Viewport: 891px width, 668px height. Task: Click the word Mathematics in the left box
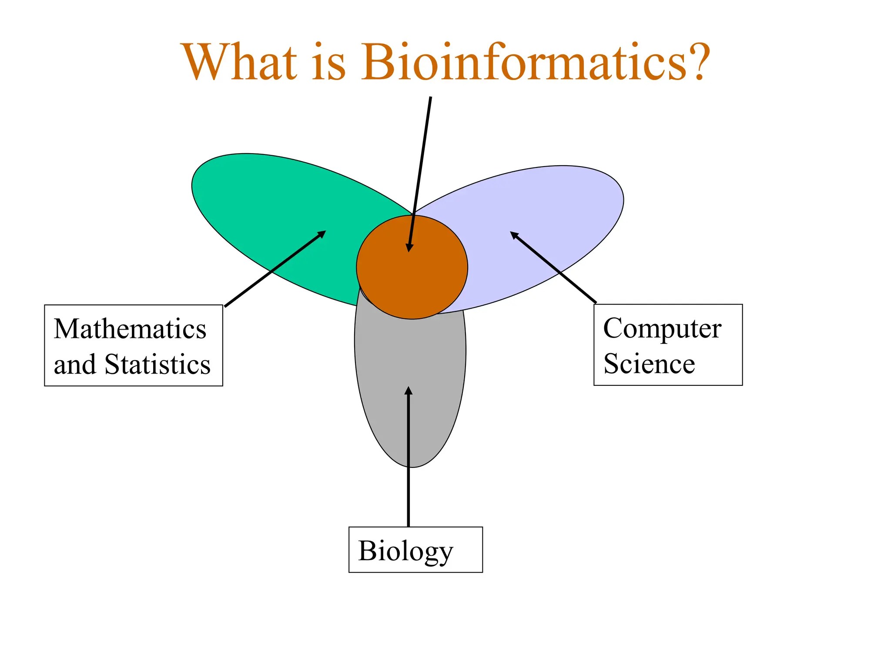[x=130, y=329]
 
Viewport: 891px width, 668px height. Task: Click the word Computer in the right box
[x=662, y=329]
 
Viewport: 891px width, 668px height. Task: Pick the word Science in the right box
[x=649, y=364]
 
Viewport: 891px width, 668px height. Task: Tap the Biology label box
[x=415, y=550]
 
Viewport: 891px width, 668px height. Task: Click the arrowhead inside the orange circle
[x=409, y=247]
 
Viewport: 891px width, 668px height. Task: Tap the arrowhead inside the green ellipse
[x=322, y=234]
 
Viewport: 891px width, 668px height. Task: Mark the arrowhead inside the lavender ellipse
[x=514, y=235]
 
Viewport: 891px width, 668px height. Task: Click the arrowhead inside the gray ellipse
[x=408, y=391]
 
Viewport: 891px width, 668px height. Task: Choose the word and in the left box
[x=74, y=364]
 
